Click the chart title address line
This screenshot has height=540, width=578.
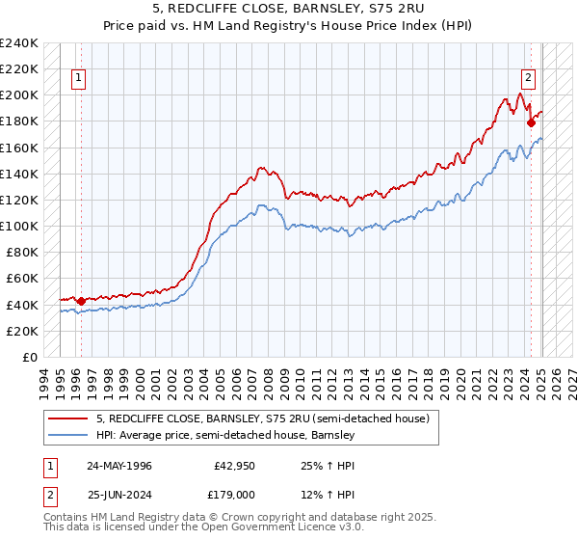coord(289,9)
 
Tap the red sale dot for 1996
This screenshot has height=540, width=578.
coord(81,301)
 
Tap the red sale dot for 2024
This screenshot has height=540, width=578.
coord(531,122)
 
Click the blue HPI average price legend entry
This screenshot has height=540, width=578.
coord(225,436)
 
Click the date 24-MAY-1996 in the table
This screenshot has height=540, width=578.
coord(119,466)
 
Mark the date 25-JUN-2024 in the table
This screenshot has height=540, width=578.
coord(119,495)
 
